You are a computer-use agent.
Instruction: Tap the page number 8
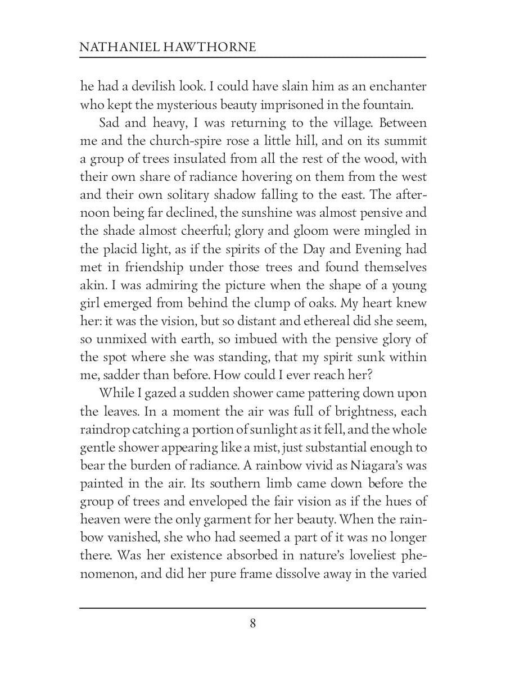(x=253, y=623)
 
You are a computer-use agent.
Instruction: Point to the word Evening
(x=369, y=248)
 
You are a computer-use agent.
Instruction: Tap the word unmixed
(x=122, y=338)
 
